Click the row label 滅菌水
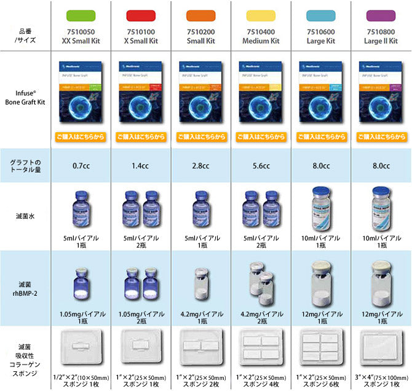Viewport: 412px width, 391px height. coord(25,215)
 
